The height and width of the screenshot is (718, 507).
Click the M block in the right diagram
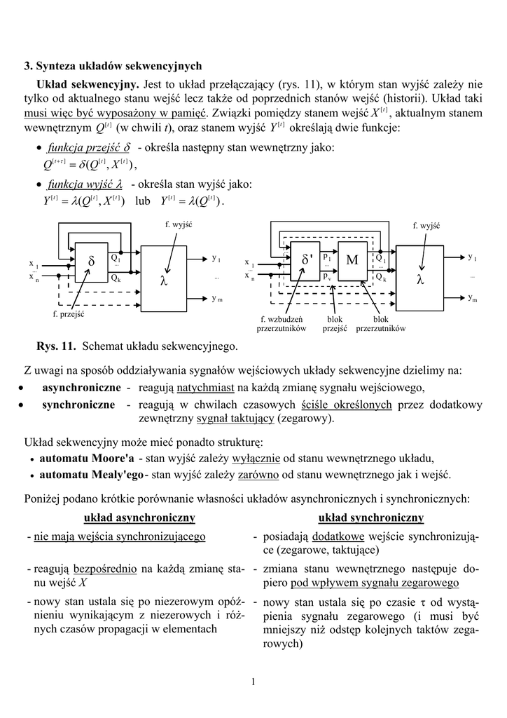352,260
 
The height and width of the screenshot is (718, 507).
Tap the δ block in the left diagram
91,262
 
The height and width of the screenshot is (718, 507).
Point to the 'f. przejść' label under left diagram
69,314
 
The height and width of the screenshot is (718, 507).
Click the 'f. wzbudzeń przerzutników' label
282,323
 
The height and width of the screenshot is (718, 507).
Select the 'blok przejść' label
335,323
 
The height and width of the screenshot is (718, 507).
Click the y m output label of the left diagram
217,299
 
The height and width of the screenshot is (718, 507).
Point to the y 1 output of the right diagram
473,258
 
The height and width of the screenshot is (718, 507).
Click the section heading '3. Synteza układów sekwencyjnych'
113,66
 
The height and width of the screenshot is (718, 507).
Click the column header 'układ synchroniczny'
370,517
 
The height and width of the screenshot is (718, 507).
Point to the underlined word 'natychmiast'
205,388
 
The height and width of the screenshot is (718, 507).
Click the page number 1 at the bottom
253,683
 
